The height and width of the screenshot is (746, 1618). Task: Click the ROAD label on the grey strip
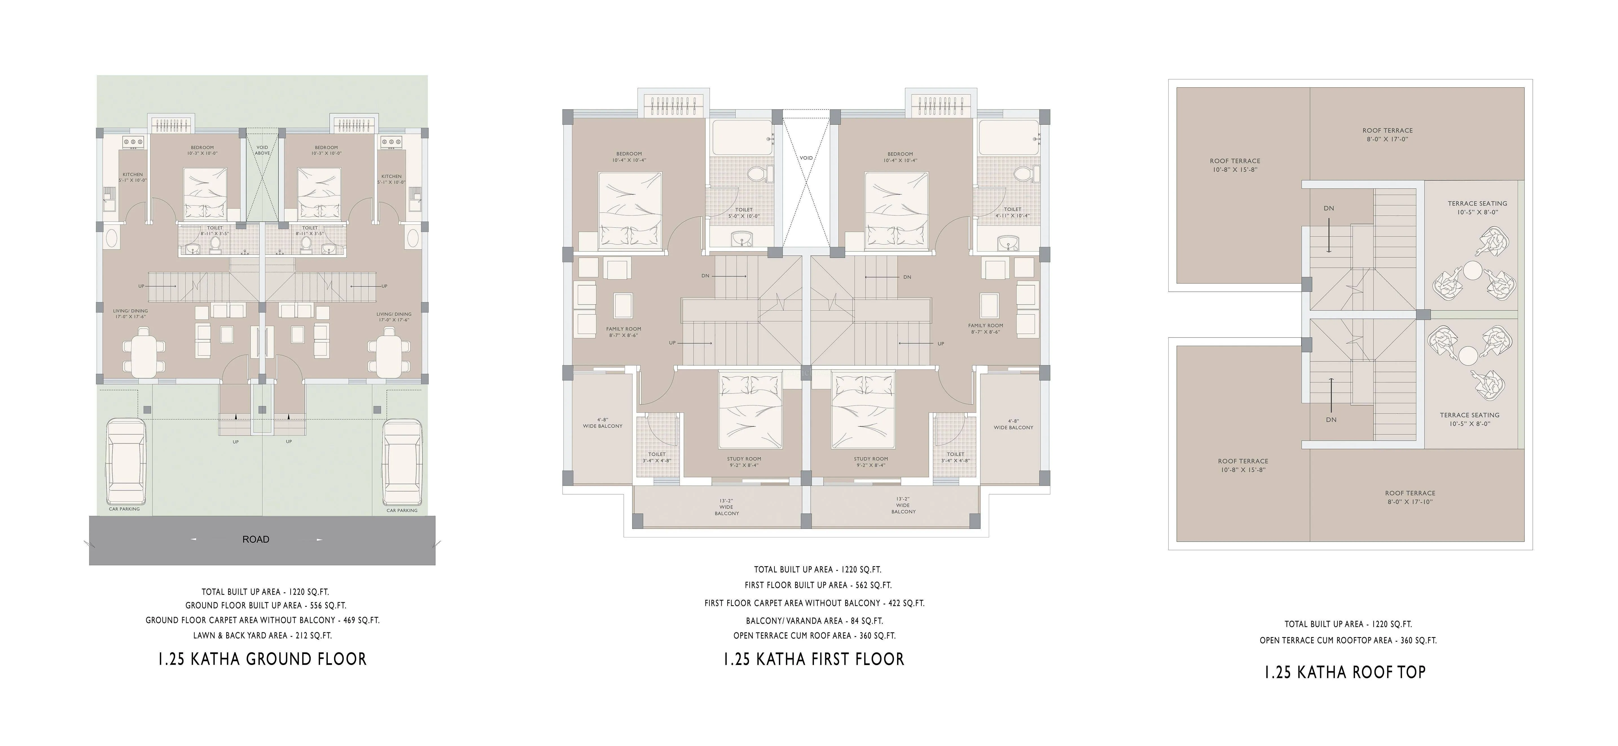point(256,539)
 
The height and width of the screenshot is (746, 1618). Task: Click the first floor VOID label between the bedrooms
point(807,158)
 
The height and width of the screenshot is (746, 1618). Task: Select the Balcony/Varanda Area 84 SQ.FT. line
point(815,620)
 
